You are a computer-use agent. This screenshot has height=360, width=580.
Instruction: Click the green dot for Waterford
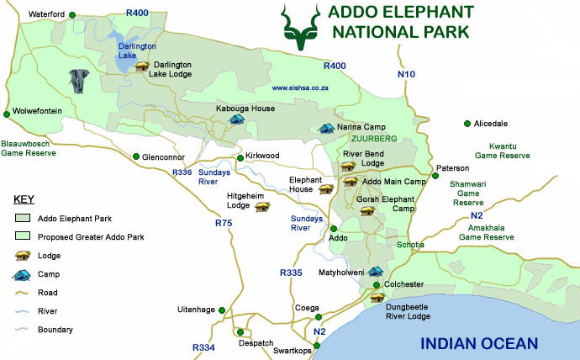click(x=73, y=15)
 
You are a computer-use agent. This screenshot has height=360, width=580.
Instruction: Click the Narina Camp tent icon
click(x=326, y=128)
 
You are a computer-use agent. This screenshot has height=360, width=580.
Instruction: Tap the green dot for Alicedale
click(x=467, y=124)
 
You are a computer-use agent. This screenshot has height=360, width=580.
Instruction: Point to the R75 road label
click(x=224, y=223)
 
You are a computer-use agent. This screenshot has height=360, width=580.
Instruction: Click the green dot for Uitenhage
click(x=222, y=310)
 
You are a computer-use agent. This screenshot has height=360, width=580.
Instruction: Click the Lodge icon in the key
click(x=23, y=256)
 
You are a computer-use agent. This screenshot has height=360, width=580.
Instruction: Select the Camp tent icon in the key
click(x=23, y=274)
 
